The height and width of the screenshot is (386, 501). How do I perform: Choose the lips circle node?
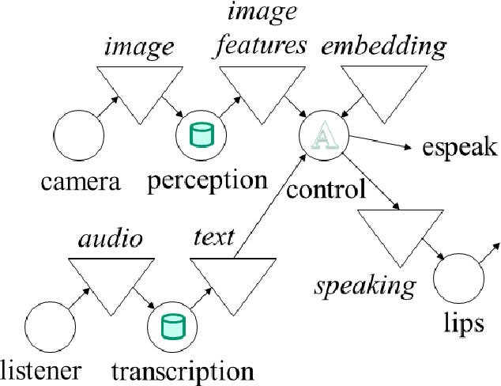(x=458, y=282)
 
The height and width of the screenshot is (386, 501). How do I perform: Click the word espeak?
(x=458, y=149)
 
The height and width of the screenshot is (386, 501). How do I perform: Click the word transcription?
(x=183, y=370)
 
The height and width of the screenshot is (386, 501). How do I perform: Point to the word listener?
(x=41, y=370)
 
